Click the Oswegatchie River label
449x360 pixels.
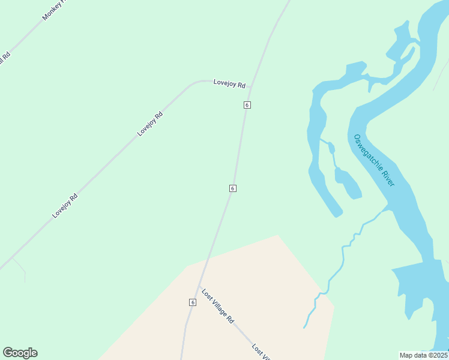point(374,160)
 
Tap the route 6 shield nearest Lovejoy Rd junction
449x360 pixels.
point(247,105)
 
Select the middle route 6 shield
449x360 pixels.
point(232,188)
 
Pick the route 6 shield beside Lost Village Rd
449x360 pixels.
point(193,302)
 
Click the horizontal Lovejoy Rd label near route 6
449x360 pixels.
point(229,84)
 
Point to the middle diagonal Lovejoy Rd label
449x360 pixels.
point(150,124)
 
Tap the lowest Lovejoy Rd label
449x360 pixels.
point(65,205)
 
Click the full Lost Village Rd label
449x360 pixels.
point(217,307)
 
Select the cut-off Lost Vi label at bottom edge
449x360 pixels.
point(262,353)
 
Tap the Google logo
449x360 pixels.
point(20,353)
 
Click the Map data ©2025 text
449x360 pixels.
point(423,355)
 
